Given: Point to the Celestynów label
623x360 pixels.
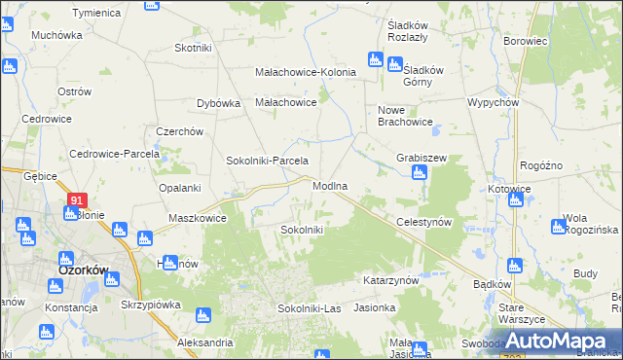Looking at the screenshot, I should point(425,222).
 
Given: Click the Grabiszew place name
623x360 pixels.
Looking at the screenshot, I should point(421,158).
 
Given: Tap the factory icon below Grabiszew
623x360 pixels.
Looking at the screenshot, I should point(420,173).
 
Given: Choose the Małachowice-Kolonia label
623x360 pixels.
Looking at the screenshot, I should point(306,72).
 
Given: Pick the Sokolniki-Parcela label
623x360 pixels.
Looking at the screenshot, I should point(267,161).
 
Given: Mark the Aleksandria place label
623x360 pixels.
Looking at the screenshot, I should point(205,342).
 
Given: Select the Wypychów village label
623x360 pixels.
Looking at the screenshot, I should point(492,102).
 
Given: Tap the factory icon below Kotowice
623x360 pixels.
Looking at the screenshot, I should point(516,200).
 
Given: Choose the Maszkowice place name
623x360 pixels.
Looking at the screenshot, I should point(198,218).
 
